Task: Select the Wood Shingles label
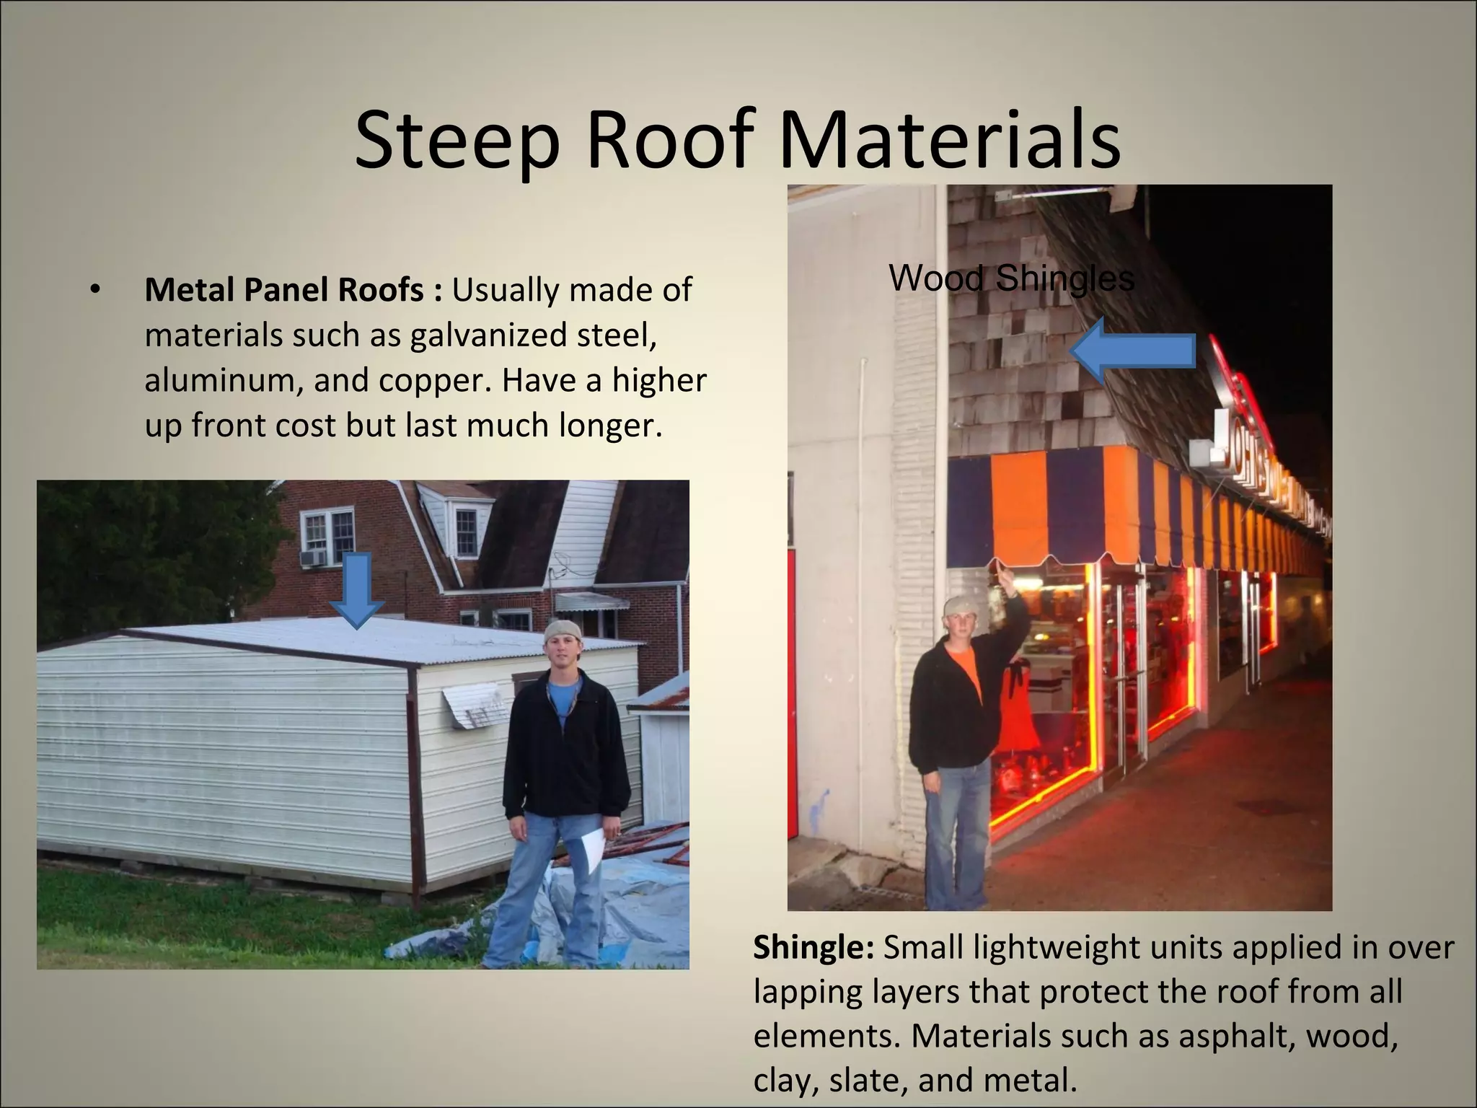(1011, 278)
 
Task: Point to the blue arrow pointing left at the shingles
(1132, 351)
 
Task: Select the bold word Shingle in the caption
(813, 947)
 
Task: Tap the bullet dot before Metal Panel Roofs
(94, 290)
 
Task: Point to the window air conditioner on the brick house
(313, 558)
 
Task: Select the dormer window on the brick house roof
(465, 532)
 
